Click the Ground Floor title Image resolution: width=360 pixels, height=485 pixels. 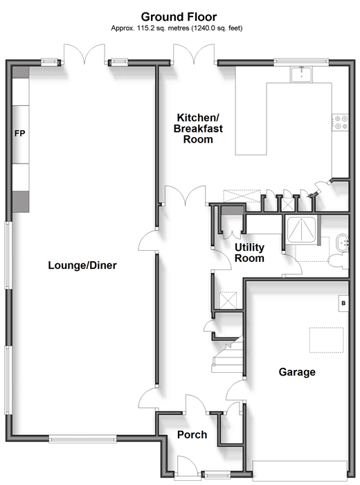click(179, 17)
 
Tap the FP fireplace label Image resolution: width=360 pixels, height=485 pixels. click(20, 134)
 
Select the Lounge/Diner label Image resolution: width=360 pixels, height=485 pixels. click(82, 265)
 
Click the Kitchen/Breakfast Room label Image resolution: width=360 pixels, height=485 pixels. click(198, 128)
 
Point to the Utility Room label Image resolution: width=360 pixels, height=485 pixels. click(249, 253)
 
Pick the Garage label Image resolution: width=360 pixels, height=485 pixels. click(297, 372)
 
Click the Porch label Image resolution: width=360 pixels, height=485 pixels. click(192, 435)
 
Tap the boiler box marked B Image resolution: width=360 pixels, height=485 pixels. click(343, 303)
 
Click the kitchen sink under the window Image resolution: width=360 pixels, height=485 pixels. click(301, 74)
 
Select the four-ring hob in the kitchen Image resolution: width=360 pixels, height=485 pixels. click(341, 122)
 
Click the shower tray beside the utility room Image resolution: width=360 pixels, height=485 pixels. click(302, 229)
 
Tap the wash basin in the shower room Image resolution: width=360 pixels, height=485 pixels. click(342, 243)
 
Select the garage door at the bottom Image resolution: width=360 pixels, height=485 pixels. click(300, 470)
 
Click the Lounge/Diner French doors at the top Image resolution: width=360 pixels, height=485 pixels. click(84, 54)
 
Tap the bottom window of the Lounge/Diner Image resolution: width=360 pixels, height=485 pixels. click(82, 439)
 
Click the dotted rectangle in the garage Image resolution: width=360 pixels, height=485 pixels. click(326, 340)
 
